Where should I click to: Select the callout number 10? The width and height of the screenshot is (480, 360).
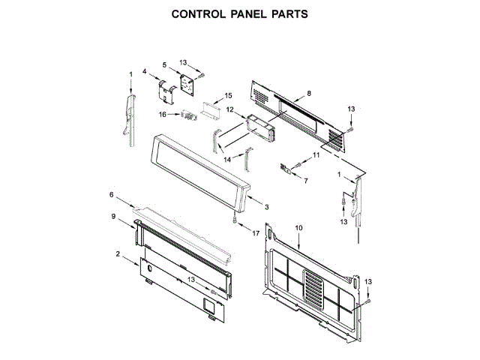tap(298, 227)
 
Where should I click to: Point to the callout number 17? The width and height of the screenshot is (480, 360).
tap(256, 233)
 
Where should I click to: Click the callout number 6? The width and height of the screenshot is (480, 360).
tap(112, 195)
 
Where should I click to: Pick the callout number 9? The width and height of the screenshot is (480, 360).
tap(113, 217)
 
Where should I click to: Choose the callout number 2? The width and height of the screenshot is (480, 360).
tap(118, 253)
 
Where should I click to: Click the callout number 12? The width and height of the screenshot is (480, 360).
tap(230, 109)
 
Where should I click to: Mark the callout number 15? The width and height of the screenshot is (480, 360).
tap(229, 95)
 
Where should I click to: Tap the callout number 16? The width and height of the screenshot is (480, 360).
tap(162, 114)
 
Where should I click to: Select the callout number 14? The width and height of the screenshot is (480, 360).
tap(226, 159)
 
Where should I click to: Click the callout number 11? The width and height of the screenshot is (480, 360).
tap(316, 154)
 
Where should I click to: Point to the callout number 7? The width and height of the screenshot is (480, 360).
tap(305, 181)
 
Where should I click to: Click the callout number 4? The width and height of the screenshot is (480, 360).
tap(145, 71)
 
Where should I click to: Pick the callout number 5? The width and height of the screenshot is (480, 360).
tap(164, 65)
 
